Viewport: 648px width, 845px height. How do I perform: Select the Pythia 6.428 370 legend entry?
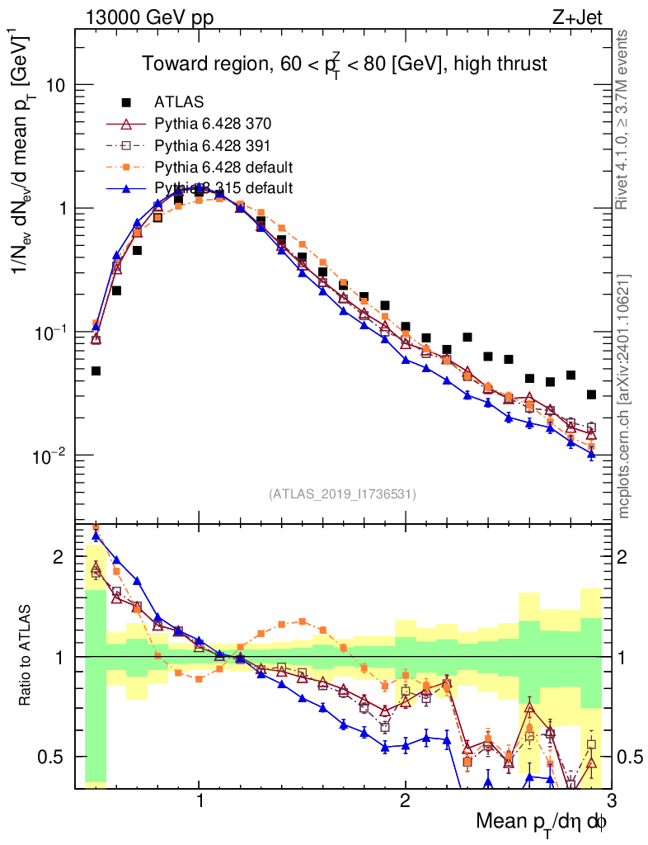pos(213,125)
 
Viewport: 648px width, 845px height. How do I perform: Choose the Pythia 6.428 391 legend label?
pos(213,146)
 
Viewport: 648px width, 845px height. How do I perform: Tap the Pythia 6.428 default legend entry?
pos(223,168)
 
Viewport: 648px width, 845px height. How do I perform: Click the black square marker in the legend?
pos(126,103)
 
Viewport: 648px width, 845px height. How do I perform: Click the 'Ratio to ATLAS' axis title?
pos(27,656)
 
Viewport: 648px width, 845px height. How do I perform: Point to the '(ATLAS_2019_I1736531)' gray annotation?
pos(342,494)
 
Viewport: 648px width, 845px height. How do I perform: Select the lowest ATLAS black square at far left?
pos(96,371)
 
